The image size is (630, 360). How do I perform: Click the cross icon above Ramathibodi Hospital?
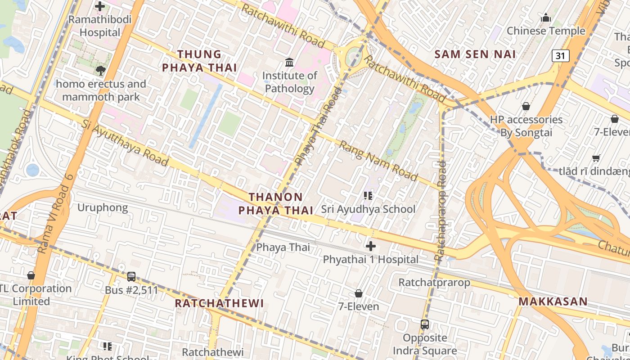pyautogui.click(x=100, y=6)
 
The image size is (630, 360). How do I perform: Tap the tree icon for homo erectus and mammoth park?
pyautogui.click(x=101, y=70)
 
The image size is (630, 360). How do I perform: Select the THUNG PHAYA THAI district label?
pyautogui.click(x=199, y=61)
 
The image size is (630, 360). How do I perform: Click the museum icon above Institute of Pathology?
pyautogui.click(x=289, y=62)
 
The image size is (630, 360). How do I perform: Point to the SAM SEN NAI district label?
pyautogui.click(x=475, y=54)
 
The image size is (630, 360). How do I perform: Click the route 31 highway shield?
pyautogui.click(x=560, y=56)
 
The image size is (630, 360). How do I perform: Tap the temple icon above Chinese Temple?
pyautogui.click(x=546, y=18)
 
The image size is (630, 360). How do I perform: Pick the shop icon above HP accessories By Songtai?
pyautogui.click(x=526, y=106)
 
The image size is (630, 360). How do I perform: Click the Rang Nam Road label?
pyautogui.click(x=378, y=160)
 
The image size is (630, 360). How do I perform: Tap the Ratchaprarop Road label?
pyautogui.click(x=441, y=211)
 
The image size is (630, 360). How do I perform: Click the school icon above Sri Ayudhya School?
pyautogui.click(x=368, y=196)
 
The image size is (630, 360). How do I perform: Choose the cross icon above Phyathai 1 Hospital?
pyautogui.click(x=371, y=246)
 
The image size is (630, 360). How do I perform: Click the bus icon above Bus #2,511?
pyautogui.click(x=131, y=277)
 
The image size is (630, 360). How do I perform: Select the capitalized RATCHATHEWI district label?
pyautogui.click(x=219, y=303)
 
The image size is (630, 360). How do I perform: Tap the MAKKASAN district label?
pyautogui.click(x=553, y=301)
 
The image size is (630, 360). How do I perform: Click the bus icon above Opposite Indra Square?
pyautogui.click(x=424, y=324)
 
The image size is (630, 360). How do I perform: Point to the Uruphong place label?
pyautogui.click(x=103, y=208)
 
